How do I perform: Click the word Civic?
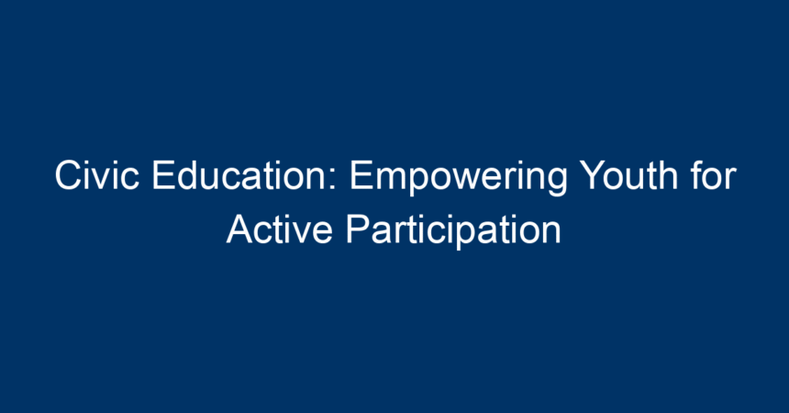tap(97, 175)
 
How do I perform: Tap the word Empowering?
tap(459, 178)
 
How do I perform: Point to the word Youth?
tap(629, 175)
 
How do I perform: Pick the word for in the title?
tap(714, 175)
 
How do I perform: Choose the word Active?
tap(279, 229)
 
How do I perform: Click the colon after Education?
tap(334, 180)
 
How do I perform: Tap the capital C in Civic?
tap(69, 175)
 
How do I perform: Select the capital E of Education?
tap(163, 175)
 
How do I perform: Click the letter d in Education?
tap(189, 175)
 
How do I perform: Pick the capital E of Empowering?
tap(362, 175)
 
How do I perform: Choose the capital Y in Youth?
tap(593, 175)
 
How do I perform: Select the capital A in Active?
tap(240, 229)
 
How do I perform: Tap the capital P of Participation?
tap(359, 229)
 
